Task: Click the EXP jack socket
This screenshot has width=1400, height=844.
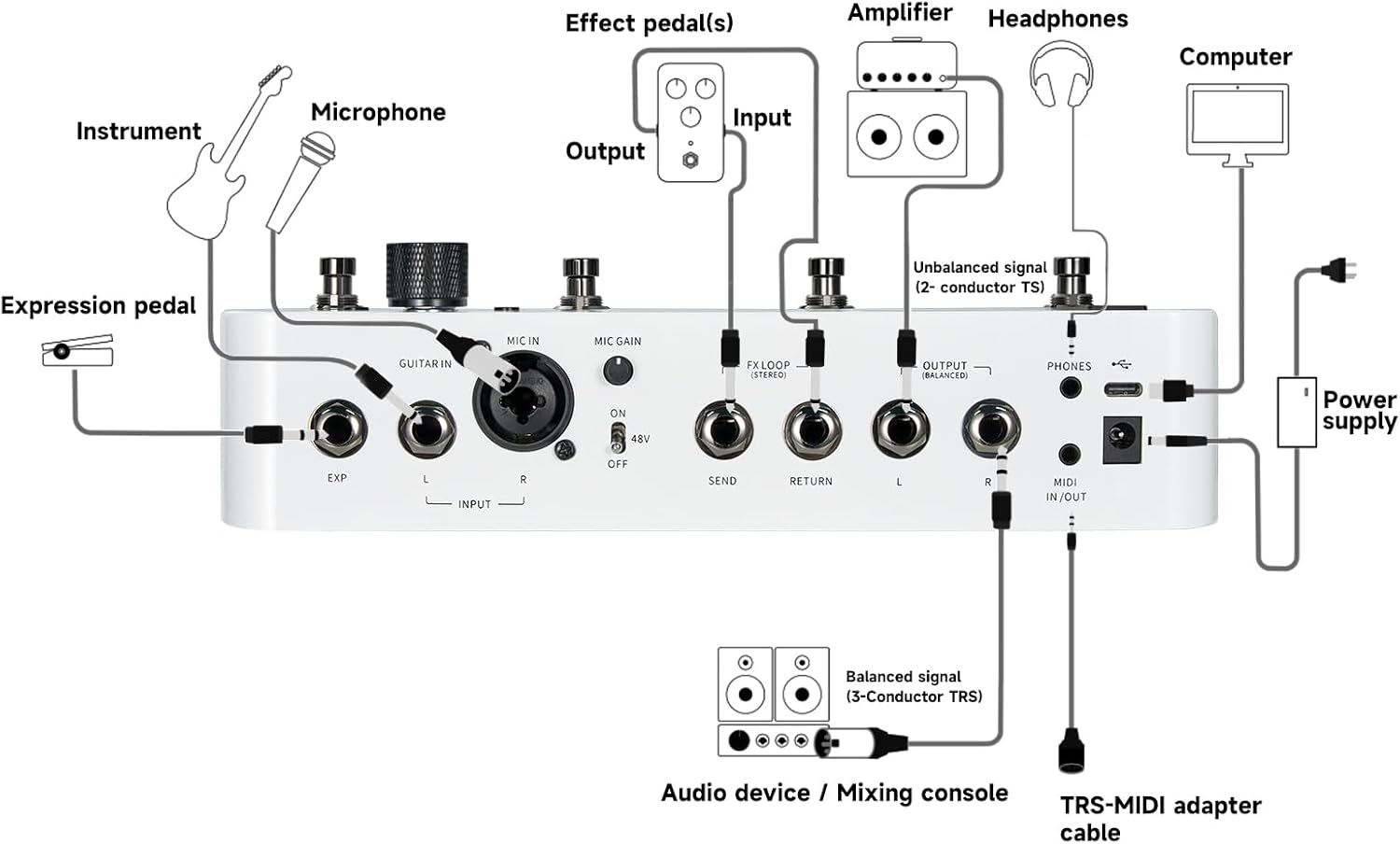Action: point(337,429)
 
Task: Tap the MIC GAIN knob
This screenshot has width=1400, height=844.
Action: point(617,372)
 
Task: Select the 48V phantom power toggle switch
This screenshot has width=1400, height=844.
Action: point(617,437)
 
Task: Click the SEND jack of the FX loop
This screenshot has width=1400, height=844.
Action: point(723,430)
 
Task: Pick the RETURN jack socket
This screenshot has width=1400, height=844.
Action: point(812,430)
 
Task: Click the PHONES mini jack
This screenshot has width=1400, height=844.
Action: point(1070,387)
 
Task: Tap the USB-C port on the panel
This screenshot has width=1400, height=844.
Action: point(1123,390)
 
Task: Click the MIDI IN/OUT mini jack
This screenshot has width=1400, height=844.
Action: point(1070,455)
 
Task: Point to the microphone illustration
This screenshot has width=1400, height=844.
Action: point(300,181)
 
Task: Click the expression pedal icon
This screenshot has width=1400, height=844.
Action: point(77,353)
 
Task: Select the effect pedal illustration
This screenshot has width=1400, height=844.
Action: point(691,122)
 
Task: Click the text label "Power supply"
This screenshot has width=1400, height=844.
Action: point(1359,411)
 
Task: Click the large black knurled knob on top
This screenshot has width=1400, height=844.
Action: point(427,274)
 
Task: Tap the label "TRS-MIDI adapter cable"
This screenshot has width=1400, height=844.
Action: point(1160,818)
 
